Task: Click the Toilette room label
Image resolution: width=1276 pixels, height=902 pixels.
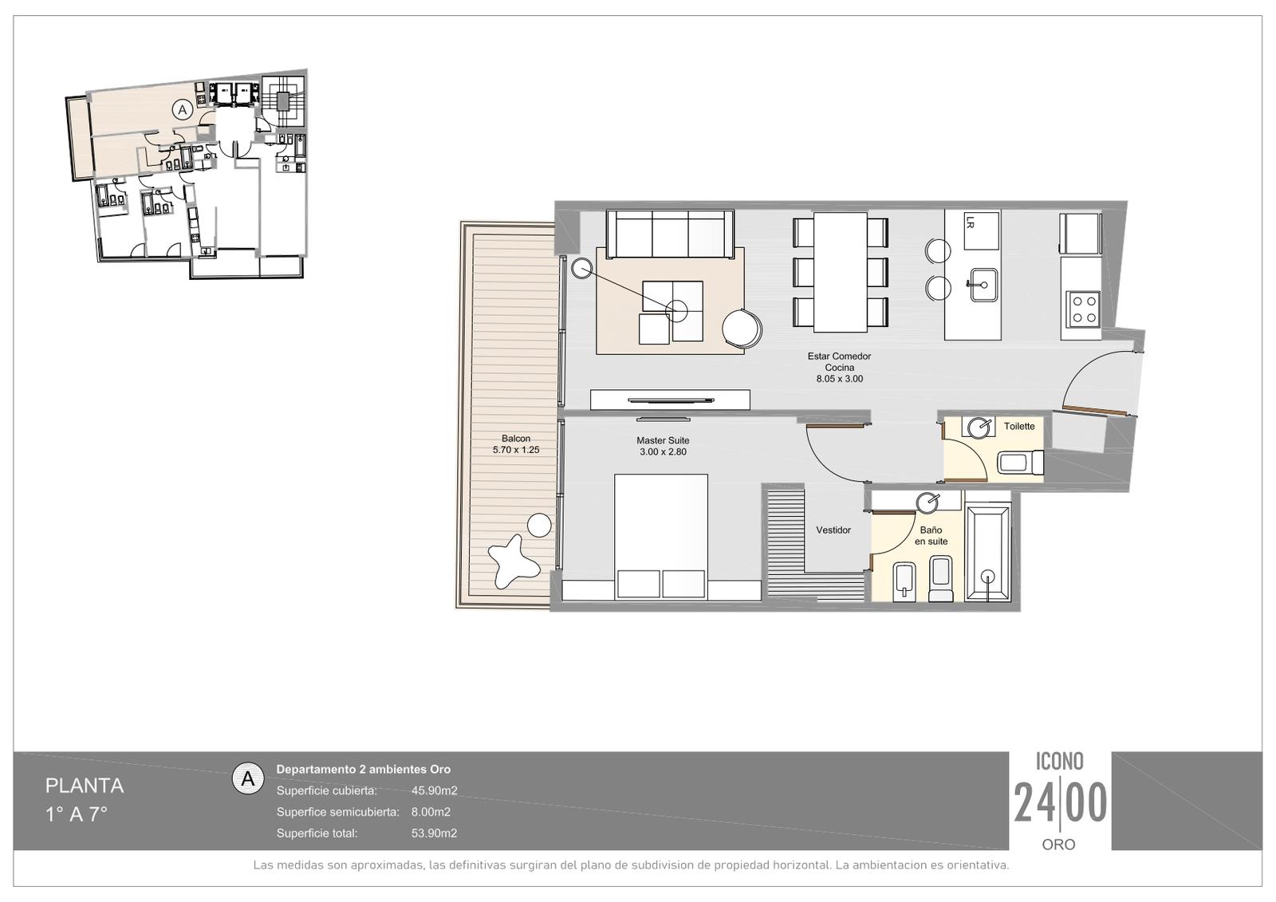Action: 1019,426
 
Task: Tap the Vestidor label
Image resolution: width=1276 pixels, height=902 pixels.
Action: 833,530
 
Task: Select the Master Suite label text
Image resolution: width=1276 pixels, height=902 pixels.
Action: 663,440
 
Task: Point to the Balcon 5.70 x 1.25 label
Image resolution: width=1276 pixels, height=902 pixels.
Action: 516,444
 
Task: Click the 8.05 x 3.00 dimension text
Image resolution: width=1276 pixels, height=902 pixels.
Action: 840,378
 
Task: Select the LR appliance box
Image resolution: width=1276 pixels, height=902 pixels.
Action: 982,230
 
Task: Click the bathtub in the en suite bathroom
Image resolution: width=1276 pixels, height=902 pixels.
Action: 988,552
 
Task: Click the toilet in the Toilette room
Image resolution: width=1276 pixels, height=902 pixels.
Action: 1021,462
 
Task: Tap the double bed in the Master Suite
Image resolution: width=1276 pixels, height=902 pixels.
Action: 661,536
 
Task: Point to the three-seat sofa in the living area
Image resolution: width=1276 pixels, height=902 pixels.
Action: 670,234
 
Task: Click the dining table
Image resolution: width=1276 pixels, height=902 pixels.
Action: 841,272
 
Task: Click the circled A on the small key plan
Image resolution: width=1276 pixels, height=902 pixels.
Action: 183,109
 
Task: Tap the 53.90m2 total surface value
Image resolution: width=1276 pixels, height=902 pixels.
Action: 434,833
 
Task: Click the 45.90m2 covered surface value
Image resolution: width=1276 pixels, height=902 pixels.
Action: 434,790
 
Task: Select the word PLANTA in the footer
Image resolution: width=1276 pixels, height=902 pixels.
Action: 85,786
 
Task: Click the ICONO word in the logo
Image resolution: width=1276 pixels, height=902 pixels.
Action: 1060,762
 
